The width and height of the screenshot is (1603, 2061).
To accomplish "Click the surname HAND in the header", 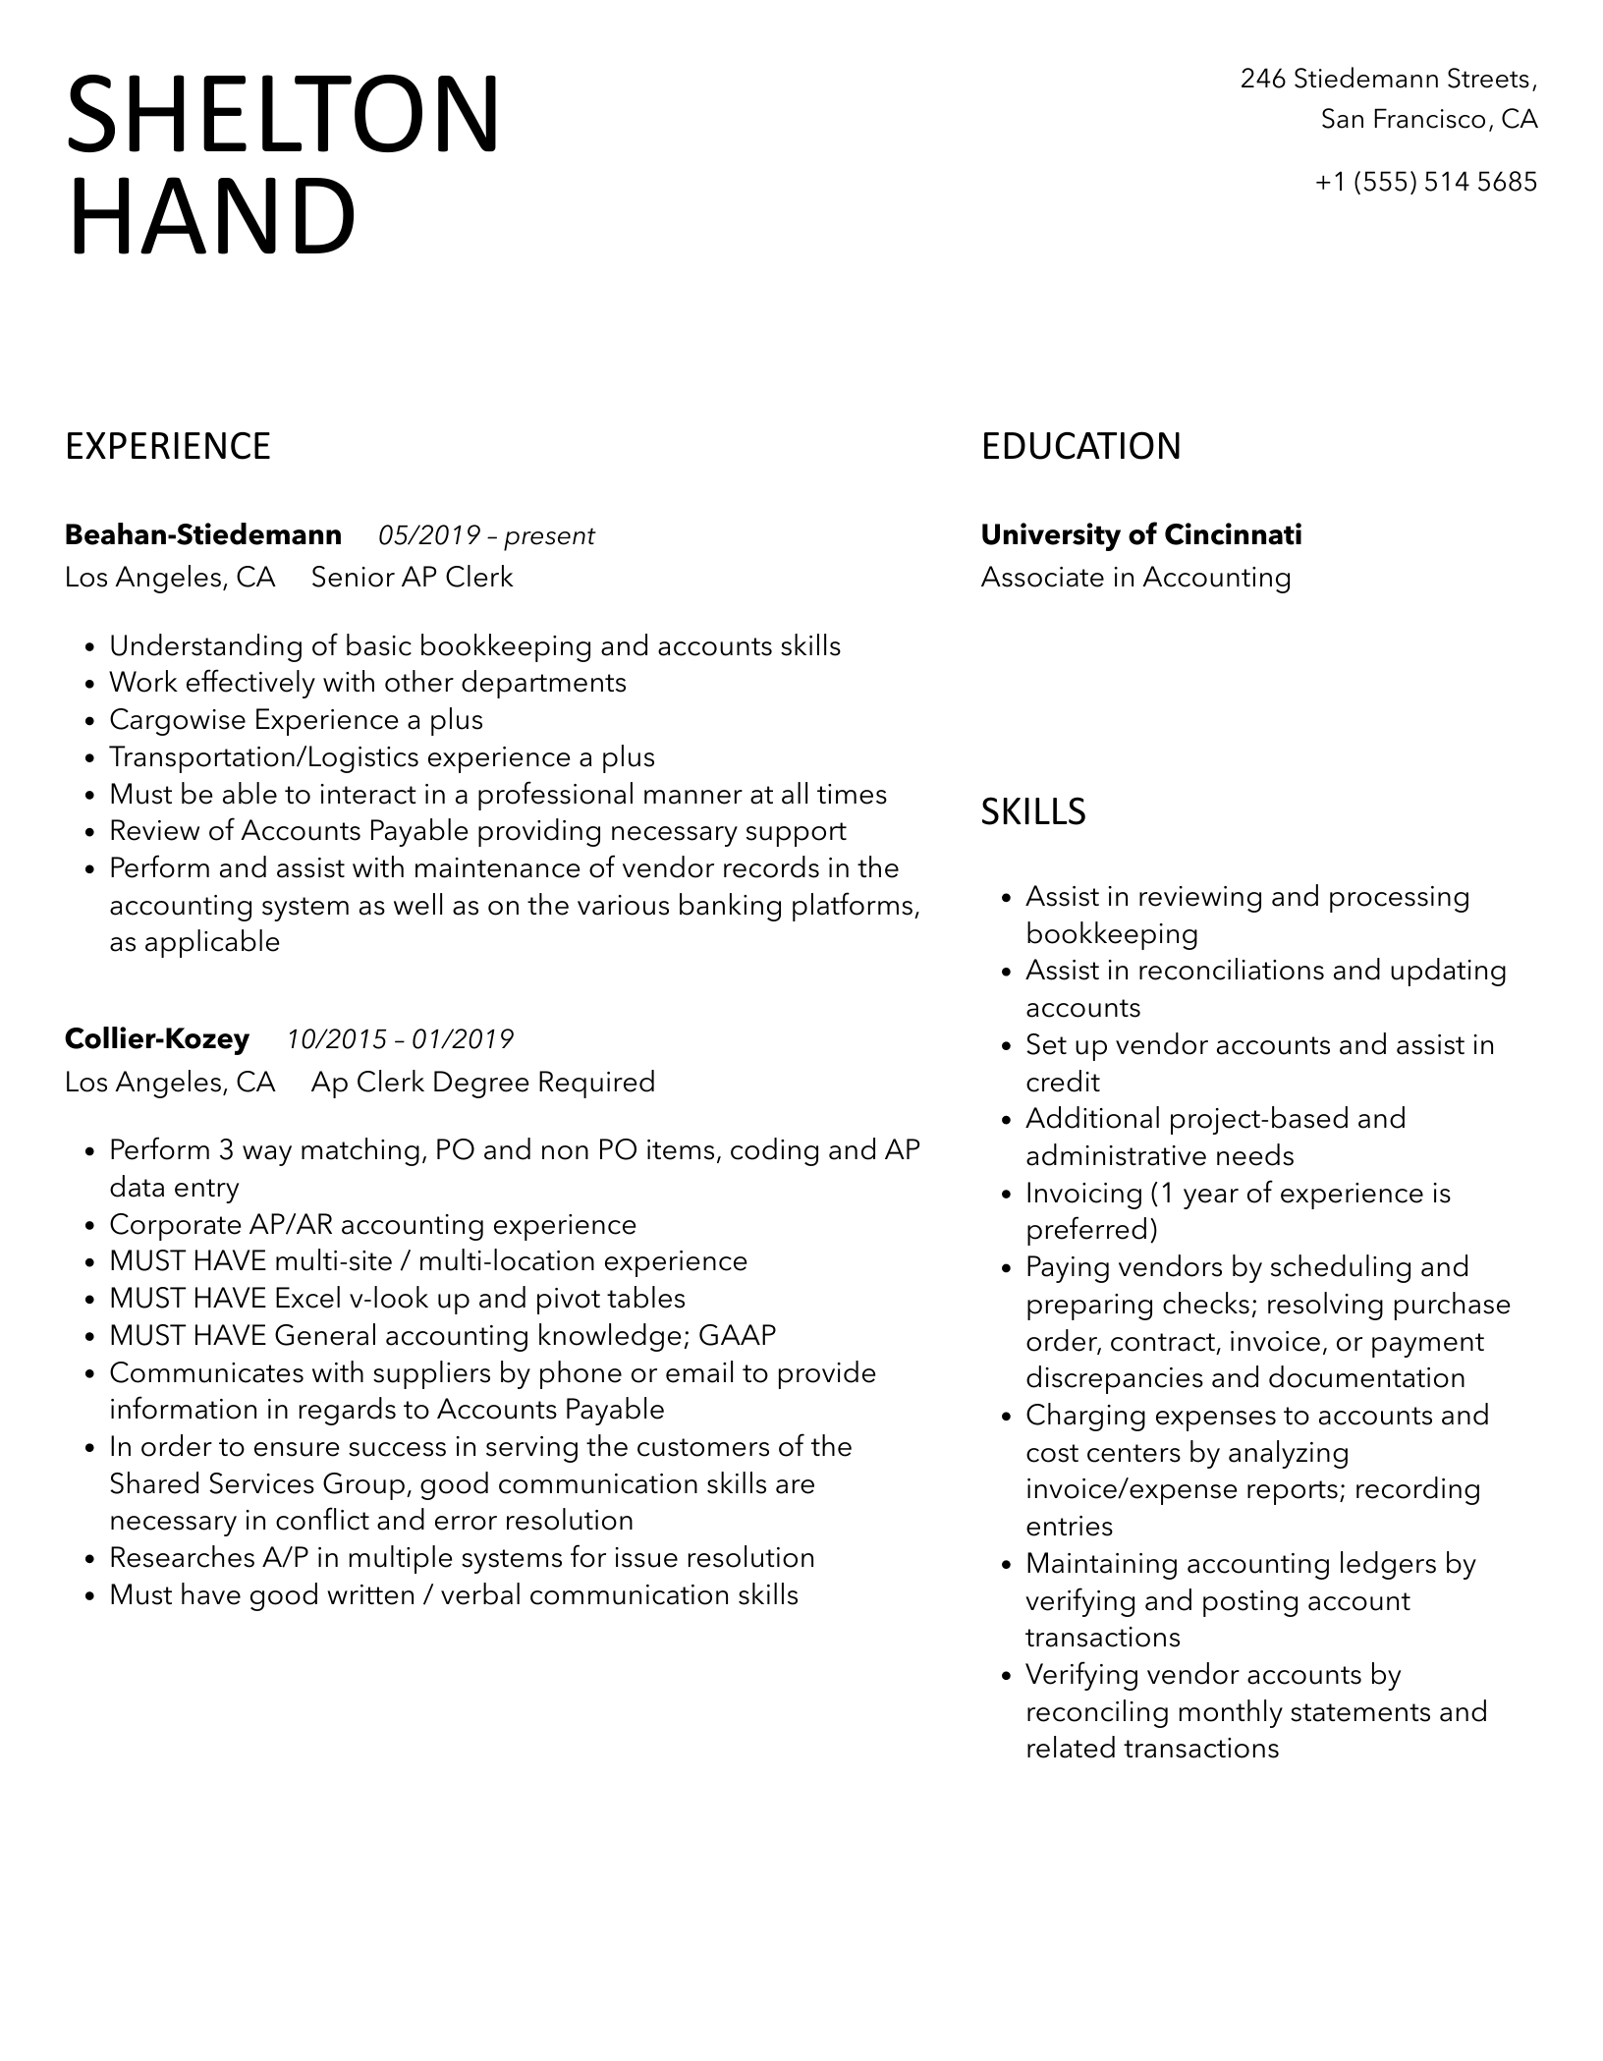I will click(x=211, y=218).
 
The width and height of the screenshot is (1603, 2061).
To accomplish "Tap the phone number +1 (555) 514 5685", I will click(x=1425, y=182).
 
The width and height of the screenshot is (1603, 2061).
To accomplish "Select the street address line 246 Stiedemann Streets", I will click(x=1388, y=79).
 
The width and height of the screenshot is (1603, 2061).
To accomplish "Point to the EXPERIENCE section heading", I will click(x=168, y=446).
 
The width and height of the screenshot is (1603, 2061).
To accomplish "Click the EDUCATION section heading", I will click(x=1080, y=446).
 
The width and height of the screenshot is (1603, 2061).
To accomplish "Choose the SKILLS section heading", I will click(x=1033, y=811).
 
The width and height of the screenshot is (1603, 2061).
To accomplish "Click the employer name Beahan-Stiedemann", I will click(x=203, y=535).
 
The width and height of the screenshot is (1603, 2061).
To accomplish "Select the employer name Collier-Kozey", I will click(x=157, y=1038).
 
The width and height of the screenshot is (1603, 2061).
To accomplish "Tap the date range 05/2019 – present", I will click(x=486, y=535).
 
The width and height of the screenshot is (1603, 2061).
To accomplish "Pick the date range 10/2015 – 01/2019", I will click(x=400, y=1039).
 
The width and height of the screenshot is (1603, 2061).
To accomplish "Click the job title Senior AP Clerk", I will click(x=412, y=577).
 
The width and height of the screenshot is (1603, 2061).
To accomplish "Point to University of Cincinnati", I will click(x=1141, y=535).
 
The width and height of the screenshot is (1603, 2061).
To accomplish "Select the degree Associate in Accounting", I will click(x=1135, y=577).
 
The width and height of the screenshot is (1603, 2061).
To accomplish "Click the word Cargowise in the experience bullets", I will click(x=178, y=720).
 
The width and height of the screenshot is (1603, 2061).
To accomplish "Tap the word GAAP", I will click(x=737, y=1335).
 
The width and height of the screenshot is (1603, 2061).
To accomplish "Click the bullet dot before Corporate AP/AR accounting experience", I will click(x=90, y=1226).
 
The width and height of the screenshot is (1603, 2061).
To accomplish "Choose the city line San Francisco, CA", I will click(x=1428, y=120).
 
